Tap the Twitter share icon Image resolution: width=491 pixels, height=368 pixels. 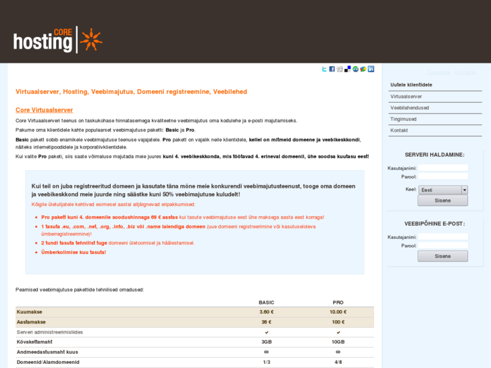pyautogui.click(x=324, y=69)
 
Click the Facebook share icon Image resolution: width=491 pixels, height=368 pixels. pyautogui.click(x=332, y=69)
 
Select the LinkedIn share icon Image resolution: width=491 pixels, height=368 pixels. pyautogui.click(x=371, y=69)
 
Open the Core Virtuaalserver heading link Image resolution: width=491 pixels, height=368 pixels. pyautogui.click(x=44, y=110)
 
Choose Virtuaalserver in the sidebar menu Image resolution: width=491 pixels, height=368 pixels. pyautogui.click(x=406, y=97)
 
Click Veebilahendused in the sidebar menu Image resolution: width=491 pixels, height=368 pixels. pyautogui.click(x=409, y=107)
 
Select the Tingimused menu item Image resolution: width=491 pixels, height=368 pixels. pyautogui.click(x=403, y=119)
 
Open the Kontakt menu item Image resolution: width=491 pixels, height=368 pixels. pyautogui.click(x=399, y=130)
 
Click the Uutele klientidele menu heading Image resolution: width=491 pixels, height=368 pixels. pyautogui.click(x=411, y=85)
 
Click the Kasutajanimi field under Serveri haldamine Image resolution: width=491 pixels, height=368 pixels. pyautogui.click(x=442, y=168)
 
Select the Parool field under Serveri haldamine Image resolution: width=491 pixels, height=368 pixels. pyautogui.click(x=442, y=177)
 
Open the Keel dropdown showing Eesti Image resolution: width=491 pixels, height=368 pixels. pyautogui.click(x=442, y=190)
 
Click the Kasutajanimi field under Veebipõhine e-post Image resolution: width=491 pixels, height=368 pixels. pyautogui.click(x=442, y=237)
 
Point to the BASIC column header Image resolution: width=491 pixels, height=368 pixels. pyautogui.click(x=266, y=303)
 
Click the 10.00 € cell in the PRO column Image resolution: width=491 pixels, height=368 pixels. pyautogui.click(x=338, y=312)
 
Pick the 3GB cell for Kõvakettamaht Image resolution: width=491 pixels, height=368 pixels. pyautogui.click(x=266, y=342)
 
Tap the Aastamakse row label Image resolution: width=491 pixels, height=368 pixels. pyautogui.click(x=31, y=322)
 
